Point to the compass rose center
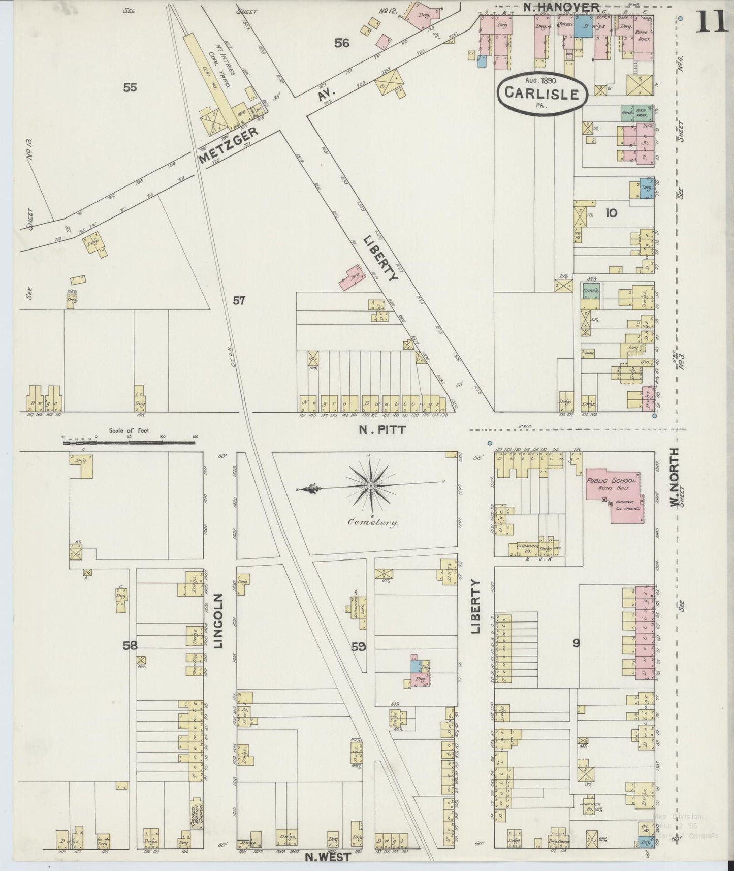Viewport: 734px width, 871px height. tap(371, 486)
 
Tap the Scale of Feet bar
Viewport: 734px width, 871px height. tap(129, 443)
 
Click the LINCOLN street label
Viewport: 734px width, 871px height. tap(218, 621)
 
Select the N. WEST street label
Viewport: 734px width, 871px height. tap(328, 857)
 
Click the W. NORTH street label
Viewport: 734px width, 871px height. tap(674, 477)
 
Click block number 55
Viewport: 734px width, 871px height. tap(130, 87)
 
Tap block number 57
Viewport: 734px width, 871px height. tap(239, 301)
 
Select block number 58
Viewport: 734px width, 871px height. tap(130, 646)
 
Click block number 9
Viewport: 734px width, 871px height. tap(576, 643)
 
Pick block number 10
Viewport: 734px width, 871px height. tap(611, 213)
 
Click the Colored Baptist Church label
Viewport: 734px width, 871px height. tap(194, 819)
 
